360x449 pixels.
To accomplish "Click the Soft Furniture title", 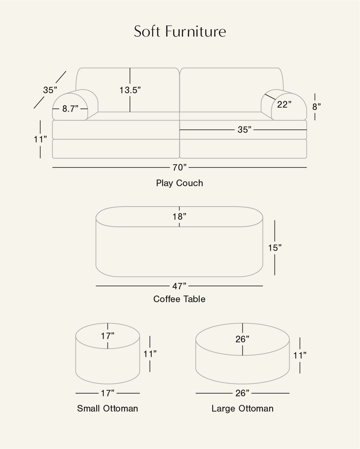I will [180, 32].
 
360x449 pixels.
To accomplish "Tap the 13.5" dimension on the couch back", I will [130, 90].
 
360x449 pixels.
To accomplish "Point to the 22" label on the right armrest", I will [284, 105].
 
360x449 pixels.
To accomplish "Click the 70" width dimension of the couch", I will [179, 168].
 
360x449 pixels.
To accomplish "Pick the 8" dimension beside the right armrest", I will [316, 107].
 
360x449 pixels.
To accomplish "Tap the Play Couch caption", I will [180, 183].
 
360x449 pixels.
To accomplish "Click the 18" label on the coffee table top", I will [179, 216].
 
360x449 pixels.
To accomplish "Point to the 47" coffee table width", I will [180, 286].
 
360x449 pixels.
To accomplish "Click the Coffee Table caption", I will [180, 299].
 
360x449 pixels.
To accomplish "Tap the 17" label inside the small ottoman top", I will [108, 336].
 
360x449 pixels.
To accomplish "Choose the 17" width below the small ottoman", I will [108, 393].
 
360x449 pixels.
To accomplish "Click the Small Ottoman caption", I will [108, 409].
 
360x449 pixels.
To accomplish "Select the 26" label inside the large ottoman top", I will [242, 339].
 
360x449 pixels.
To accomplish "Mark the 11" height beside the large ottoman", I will [300, 355].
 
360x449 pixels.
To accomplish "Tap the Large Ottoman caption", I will [242, 409].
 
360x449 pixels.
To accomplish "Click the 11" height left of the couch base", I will [40, 139].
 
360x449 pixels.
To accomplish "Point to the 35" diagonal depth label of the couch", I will [50, 90].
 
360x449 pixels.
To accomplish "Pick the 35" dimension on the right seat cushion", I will [244, 130].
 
